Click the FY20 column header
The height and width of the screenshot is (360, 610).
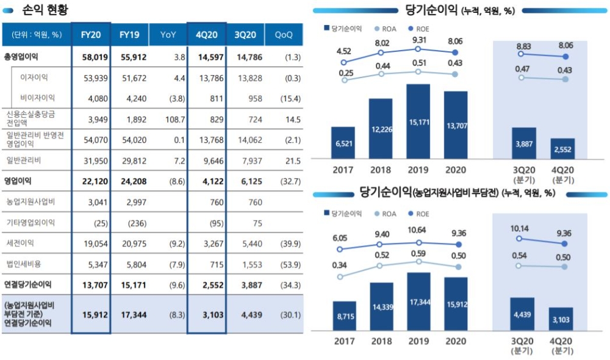91,35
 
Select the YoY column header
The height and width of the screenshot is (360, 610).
168,35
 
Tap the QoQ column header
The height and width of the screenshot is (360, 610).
284,35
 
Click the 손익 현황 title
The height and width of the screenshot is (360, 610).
44,10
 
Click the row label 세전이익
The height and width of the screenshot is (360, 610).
20,243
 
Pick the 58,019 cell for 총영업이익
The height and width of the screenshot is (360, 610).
91,57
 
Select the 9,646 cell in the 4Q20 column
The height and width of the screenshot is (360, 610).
206,160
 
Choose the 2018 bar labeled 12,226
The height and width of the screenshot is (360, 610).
381,128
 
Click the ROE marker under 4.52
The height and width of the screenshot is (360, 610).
344,62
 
